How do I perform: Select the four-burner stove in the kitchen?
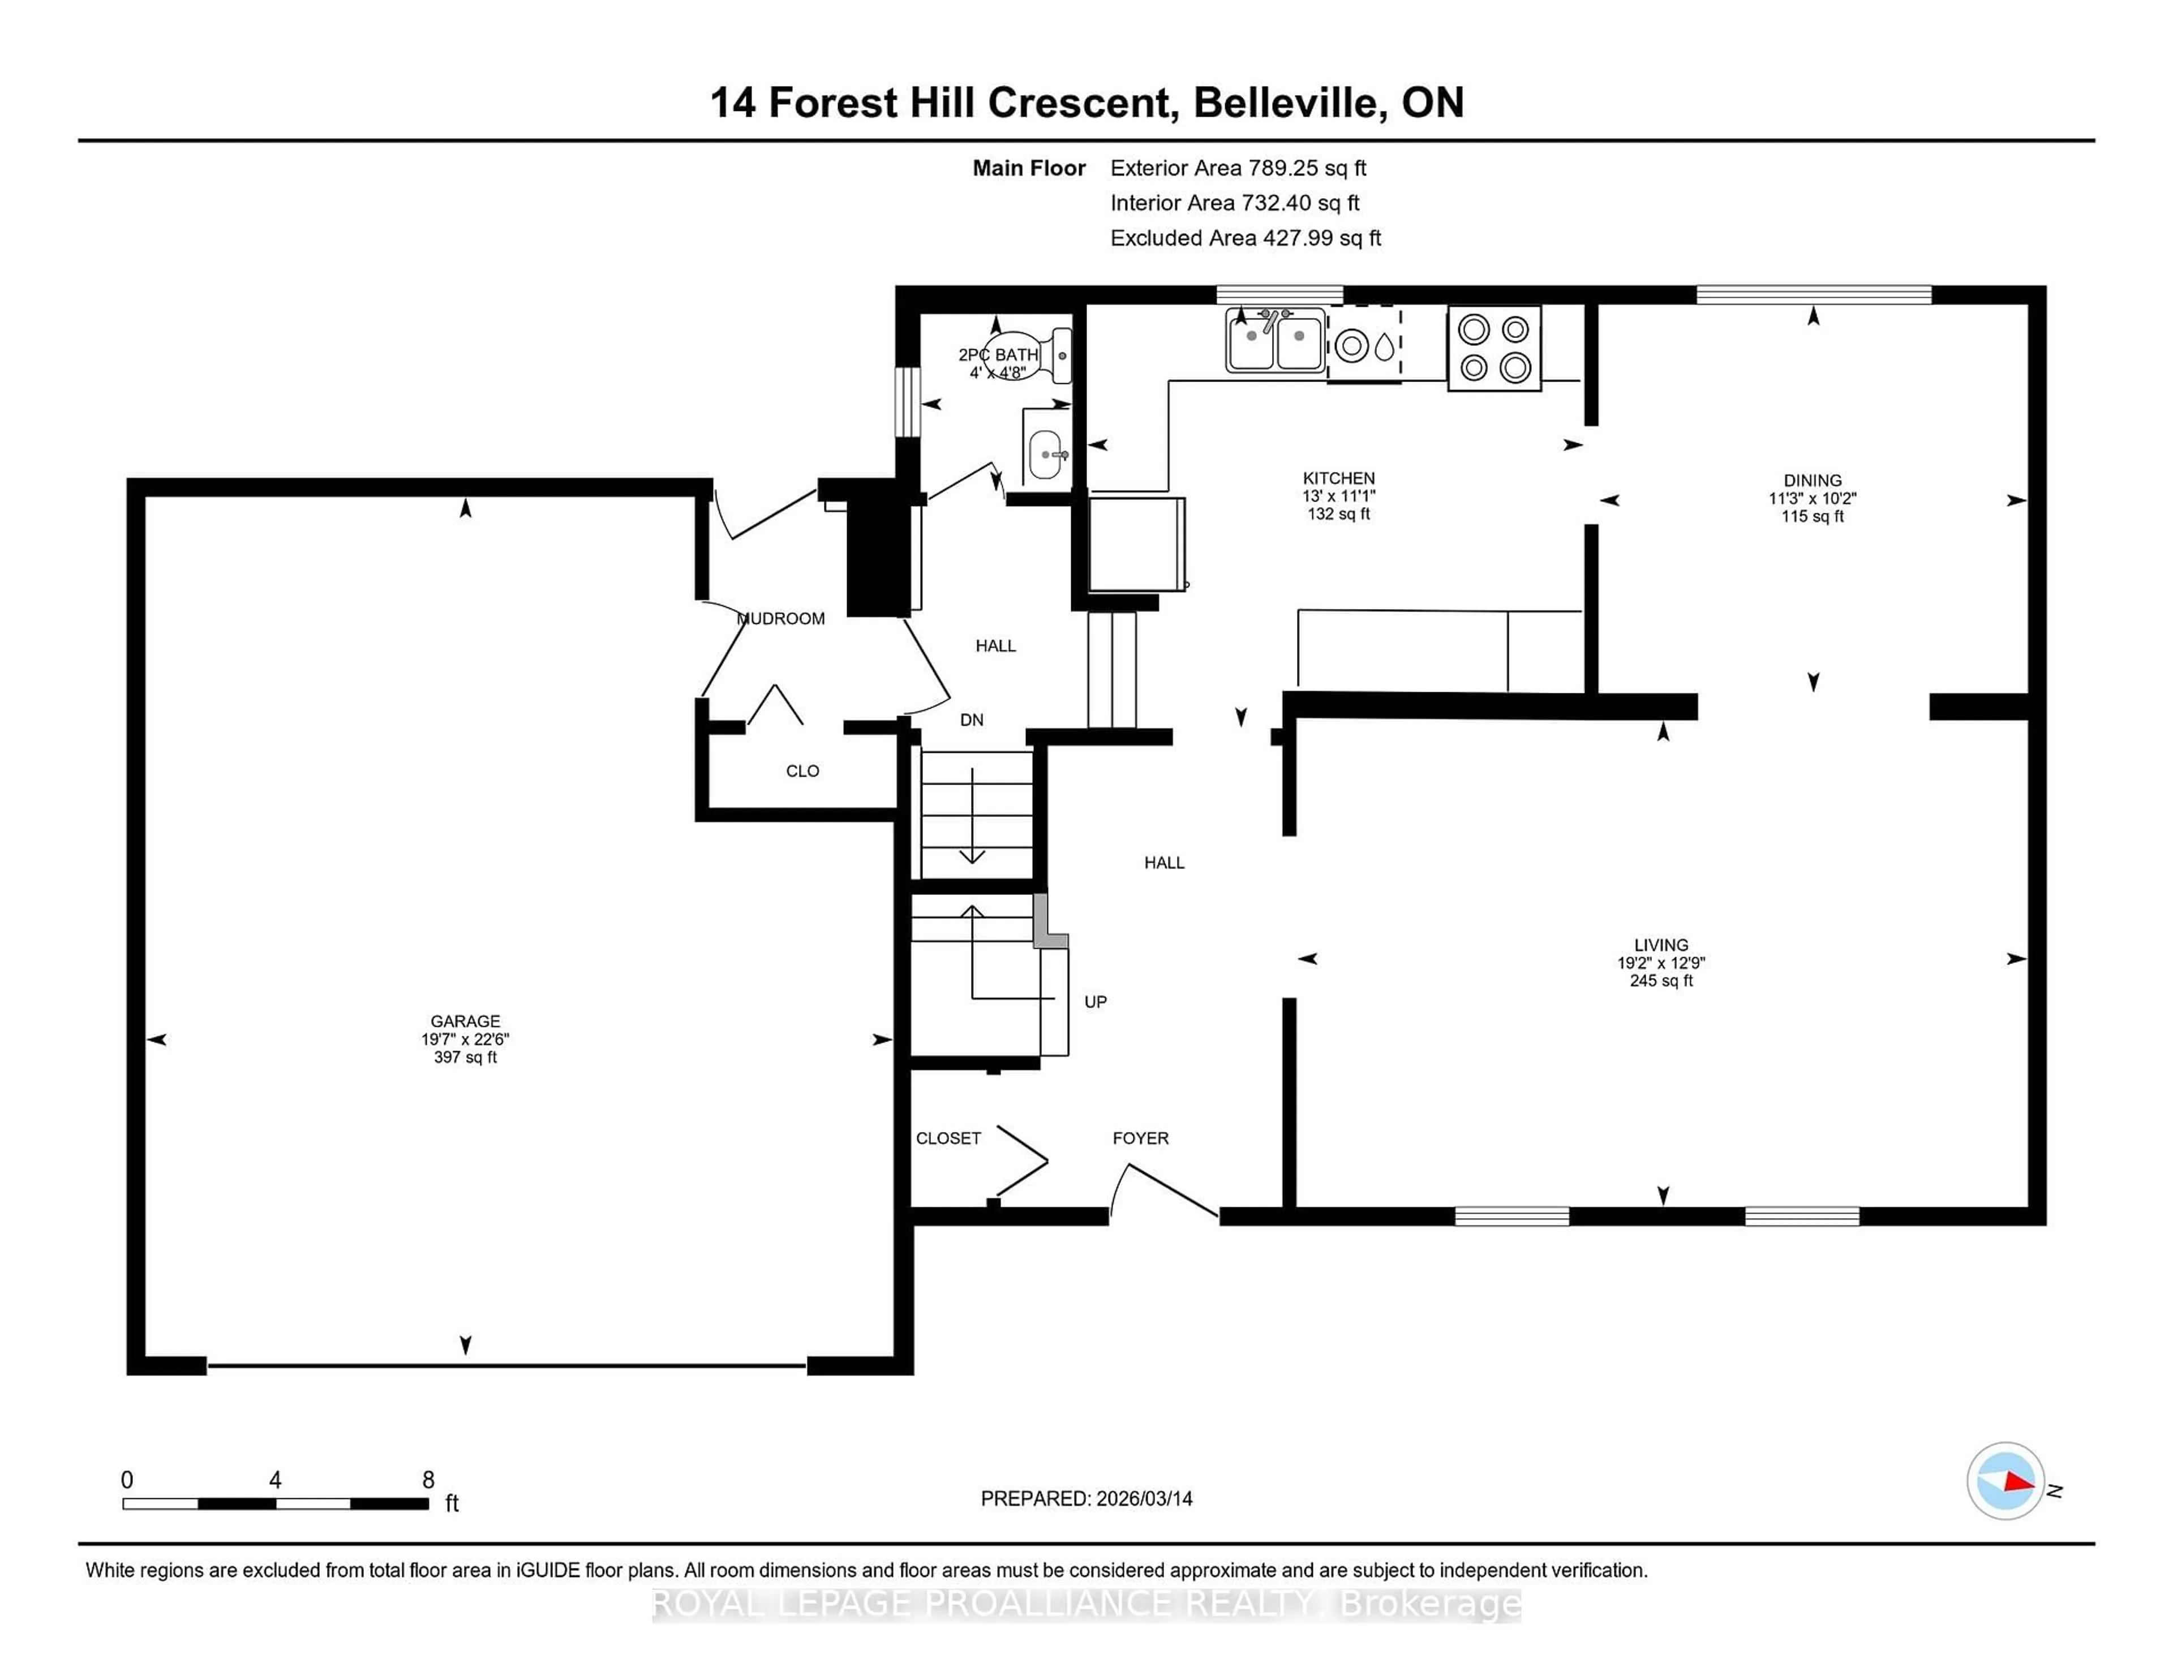coord(1493,348)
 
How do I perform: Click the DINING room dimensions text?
coord(1812,499)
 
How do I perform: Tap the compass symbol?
coord(2005,1480)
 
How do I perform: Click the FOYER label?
coord(1140,1138)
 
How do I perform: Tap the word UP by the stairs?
coord(1094,1001)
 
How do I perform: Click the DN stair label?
coord(971,719)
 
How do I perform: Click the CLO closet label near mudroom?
coord(802,770)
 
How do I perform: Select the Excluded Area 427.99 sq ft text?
coord(1245,238)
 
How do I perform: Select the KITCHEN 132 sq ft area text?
coord(1338,513)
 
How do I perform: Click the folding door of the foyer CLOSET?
coord(1023,1160)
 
